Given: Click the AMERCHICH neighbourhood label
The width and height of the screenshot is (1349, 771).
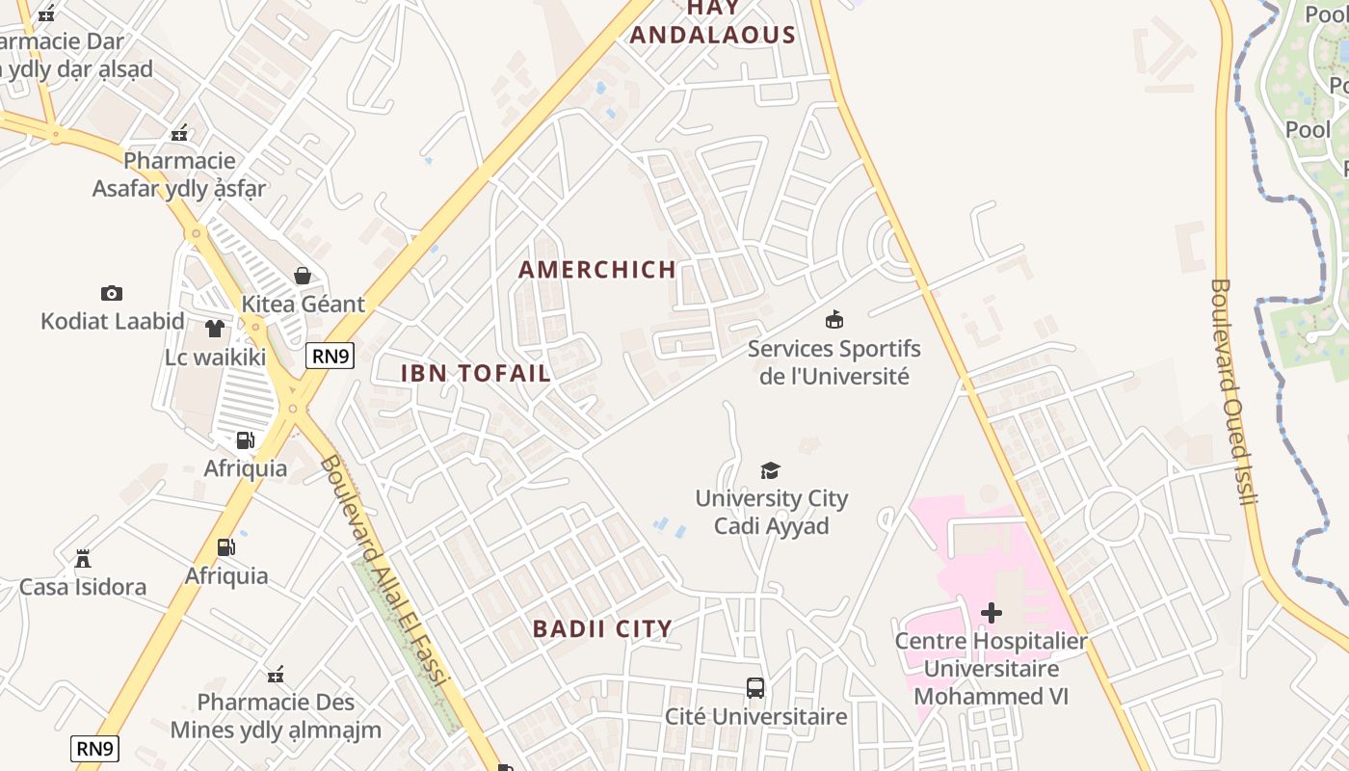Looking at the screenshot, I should tap(597, 270).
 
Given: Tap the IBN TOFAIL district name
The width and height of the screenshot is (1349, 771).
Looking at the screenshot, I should tap(476, 373).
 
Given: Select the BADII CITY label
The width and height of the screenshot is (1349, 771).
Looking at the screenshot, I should tap(602, 629).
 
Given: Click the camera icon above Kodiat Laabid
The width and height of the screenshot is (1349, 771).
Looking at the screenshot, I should tap(112, 293).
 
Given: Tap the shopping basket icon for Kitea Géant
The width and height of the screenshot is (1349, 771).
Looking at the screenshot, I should tap(303, 276).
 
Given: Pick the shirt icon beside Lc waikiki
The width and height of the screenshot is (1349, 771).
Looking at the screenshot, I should tap(215, 329).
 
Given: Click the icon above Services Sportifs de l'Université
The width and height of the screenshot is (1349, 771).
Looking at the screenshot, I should tap(834, 319).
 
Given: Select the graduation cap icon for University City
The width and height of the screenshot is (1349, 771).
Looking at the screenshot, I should tap(770, 470).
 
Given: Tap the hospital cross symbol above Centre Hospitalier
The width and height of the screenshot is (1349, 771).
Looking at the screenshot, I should tap(991, 613).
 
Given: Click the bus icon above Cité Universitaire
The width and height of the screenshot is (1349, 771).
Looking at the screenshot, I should tap(755, 688).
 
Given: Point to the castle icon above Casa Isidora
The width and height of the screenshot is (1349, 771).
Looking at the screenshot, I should tap(83, 558).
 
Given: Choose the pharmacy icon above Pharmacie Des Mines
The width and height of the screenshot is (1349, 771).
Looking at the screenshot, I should tap(276, 674).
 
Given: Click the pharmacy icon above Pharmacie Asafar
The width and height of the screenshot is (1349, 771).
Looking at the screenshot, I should tap(179, 133).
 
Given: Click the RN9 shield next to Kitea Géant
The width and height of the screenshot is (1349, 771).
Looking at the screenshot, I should tap(331, 357).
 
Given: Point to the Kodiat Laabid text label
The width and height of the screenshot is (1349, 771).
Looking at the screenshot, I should tap(113, 321).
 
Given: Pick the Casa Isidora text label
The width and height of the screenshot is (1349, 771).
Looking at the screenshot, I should tap(83, 586).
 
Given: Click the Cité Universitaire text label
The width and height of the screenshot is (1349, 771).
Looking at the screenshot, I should tap(756, 716).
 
